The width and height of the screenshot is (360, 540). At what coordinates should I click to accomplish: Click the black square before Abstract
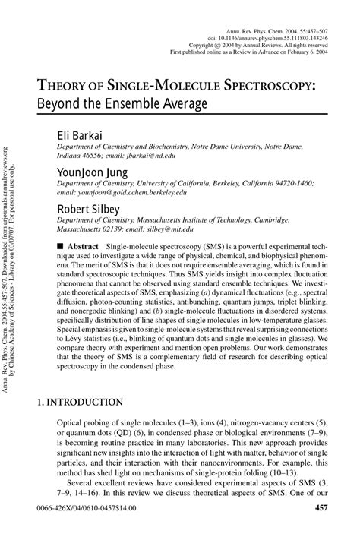click(x=61, y=247)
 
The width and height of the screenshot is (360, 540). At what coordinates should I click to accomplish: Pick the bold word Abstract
click(x=83, y=247)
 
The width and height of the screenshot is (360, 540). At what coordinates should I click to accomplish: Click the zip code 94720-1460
click(x=289, y=183)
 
